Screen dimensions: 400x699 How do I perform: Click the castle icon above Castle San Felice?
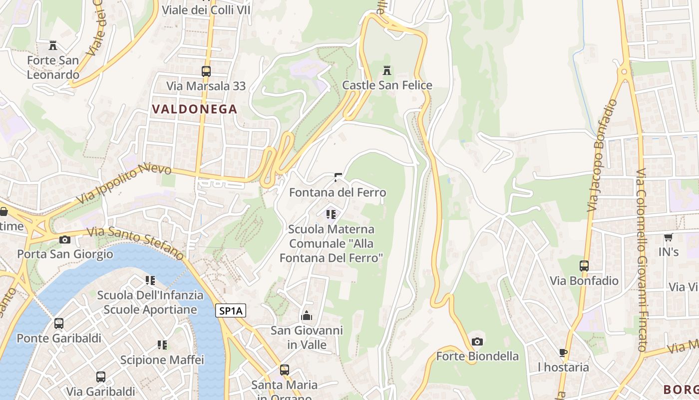386,70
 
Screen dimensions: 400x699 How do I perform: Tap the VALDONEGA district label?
194,109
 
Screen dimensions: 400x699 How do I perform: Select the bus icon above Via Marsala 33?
206,71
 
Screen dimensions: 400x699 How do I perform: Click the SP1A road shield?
231,310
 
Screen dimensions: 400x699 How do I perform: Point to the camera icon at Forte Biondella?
477,341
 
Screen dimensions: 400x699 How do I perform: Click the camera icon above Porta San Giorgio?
64,239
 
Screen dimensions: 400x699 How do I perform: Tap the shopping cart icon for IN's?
668,237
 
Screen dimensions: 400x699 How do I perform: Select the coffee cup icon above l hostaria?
563,352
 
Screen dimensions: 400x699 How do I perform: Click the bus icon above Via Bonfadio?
584,265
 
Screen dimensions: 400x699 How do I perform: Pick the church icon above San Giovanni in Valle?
307,315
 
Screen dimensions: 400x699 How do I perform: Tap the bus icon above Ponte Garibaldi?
59,323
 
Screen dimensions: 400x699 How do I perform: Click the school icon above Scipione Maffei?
162,344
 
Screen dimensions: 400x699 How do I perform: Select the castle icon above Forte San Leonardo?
53,45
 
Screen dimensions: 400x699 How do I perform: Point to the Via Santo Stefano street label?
135,242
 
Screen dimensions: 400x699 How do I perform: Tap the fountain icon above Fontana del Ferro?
338,177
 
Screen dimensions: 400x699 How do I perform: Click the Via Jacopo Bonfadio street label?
602,155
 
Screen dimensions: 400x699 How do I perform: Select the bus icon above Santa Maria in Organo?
284,370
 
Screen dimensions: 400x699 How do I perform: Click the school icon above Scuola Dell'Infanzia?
150,280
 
